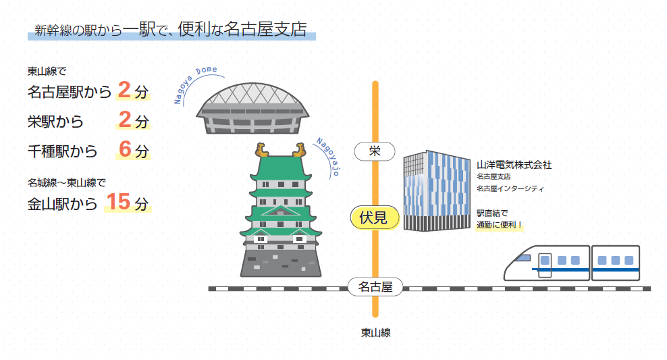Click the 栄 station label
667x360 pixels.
click(x=375, y=151)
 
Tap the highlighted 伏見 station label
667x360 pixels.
click(x=374, y=217)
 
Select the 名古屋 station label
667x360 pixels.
click(x=375, y=287)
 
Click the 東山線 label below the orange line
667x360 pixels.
click(x=375, y=332)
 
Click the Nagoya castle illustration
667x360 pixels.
click(x=279, y=216)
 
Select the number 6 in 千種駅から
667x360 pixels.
click(x=124, y=150)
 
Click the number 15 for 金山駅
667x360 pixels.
click(x=118, y=202)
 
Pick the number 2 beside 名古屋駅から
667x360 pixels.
click(x=124, y=90)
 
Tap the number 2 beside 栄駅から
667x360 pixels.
click(x=124, y=120)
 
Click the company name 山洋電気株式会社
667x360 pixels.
click(x=514, y=164)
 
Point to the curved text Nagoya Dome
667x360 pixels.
click(x=196, y=82)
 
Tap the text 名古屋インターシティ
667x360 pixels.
click(x=510, y=188)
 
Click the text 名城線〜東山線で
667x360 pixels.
click(x=67, y=182)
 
